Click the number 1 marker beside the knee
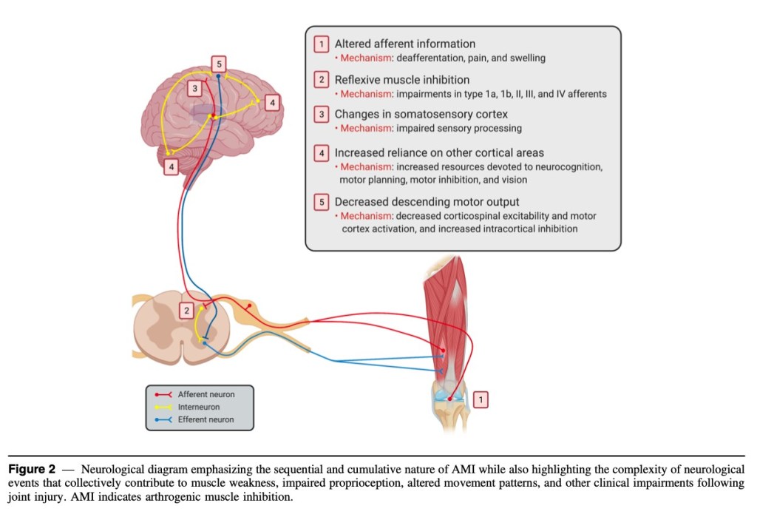tap(481, 399)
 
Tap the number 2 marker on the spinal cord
tap(187, 311)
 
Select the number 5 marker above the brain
tap(218, 64)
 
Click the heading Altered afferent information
tap(404, 44)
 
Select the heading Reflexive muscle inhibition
tap(401, 80)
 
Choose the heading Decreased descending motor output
tap(427, 202)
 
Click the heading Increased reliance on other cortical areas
tap(439, 153)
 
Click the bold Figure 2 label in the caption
tap(32, 470)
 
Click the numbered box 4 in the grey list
tap(322, 154)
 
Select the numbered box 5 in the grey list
tap(322, 202)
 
